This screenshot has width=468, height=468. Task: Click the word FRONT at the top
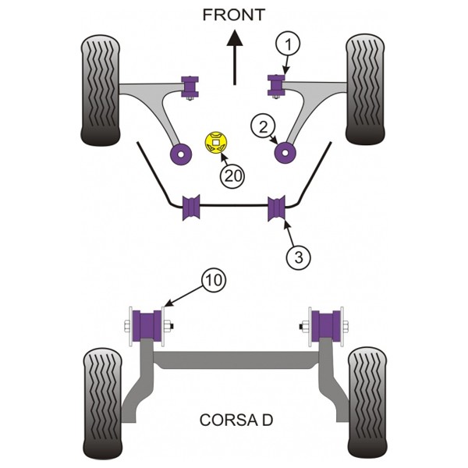click(x=234, y=15)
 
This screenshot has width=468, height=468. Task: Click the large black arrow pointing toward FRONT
click(x=235, y=57)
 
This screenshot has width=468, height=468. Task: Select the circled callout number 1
click(x=288, y=44)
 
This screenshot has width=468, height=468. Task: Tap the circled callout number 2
click(x=264, y=126)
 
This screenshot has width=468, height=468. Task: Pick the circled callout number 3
click(x=299, y=257)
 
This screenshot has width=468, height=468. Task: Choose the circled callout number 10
click(x=214, y=280)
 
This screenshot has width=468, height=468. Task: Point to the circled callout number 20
click(x=232, y=176)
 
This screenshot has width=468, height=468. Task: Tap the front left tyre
click(x=101, y=90)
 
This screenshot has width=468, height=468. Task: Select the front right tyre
click(x=365, y=89)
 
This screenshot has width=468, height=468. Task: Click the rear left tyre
click(x=102, y=404)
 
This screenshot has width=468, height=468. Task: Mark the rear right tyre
click(x=367, y=402)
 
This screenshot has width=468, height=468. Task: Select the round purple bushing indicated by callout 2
click(x=285, y=153)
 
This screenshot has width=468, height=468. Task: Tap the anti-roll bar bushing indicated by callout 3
click(x=277, y=208)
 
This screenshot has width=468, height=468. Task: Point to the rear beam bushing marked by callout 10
click(x=147, y=325)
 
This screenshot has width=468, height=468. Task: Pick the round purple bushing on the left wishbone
click(x=181, y=154)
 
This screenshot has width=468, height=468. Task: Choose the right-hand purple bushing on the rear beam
click(x=325, y=325)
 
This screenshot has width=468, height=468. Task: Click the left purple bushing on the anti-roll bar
click(x=191, y=207)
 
